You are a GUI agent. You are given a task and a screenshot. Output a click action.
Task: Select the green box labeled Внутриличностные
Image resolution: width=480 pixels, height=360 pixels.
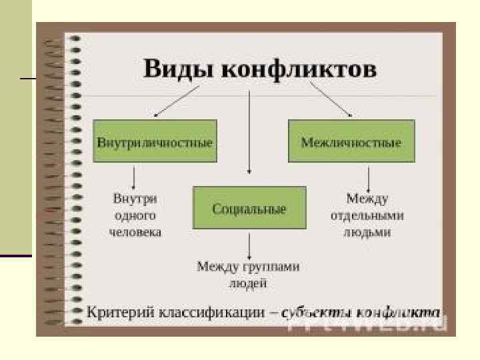point(155,142)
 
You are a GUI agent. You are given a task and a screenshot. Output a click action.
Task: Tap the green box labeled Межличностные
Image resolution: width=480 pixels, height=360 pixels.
point(351,142)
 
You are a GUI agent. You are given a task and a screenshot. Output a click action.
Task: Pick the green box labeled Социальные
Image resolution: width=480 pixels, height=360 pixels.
point(249,209)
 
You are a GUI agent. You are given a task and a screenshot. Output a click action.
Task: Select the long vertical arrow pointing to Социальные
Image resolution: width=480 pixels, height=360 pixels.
point(249,133)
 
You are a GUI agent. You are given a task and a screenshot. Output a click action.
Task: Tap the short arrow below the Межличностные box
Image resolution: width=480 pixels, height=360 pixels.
point(368,178)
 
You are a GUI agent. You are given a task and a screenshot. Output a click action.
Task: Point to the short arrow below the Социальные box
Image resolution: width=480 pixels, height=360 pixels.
point(249,246)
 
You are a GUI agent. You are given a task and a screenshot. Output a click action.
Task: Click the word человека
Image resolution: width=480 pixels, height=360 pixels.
point(135,233)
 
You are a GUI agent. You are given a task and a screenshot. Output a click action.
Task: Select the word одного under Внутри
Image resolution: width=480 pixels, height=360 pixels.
point(135,215)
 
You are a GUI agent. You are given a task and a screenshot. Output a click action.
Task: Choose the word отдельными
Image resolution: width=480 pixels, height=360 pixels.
point(367,215)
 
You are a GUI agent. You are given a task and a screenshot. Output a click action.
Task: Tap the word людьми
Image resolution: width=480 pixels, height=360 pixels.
point(367,233)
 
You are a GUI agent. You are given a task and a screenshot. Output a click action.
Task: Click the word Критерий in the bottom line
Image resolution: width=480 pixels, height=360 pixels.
point(117,311)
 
